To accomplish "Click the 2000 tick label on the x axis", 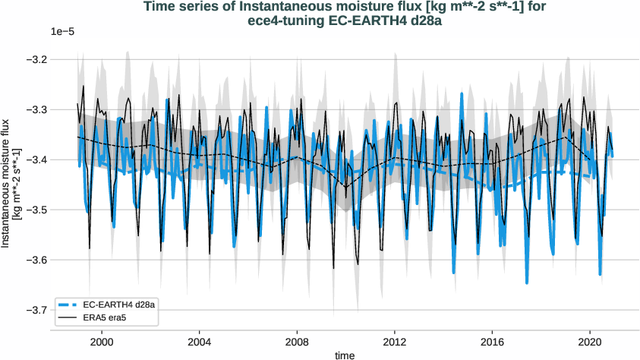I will coord(102,342).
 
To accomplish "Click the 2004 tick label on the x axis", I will coord(200,342).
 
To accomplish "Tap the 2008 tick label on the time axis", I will coord(297,342).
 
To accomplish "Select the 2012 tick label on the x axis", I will coord(395,342).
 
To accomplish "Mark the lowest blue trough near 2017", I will coord(527,283).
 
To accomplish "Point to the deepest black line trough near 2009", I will coord(333,267).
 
